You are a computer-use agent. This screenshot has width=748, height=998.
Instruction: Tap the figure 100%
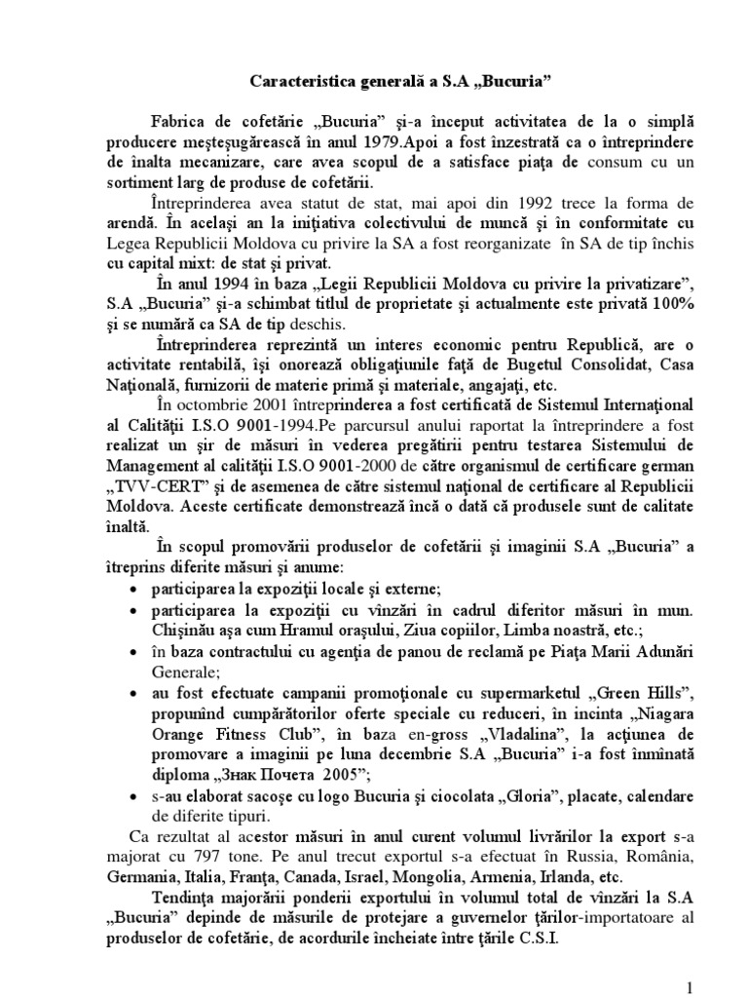(x=672, y=304)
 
